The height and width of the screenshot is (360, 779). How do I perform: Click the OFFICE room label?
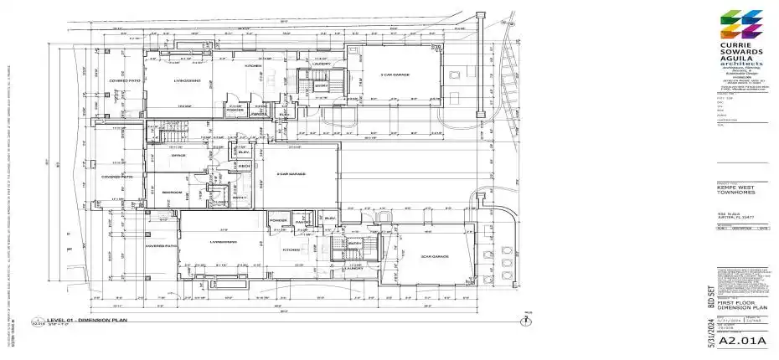tap(177, 156)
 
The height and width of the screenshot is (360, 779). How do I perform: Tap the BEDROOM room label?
tap(173, 193)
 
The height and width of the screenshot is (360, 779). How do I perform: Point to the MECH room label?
tap(245, 166)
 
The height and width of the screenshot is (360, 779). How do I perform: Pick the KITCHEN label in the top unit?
tap(253, 65)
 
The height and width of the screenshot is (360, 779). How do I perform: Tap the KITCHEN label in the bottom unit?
tap(291, 250)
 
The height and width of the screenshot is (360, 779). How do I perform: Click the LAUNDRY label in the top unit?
tap(321, 64)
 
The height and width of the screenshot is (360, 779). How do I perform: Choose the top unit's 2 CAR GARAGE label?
tap(394, 75)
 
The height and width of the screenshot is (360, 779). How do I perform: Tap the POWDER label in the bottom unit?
tap(278, 222)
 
